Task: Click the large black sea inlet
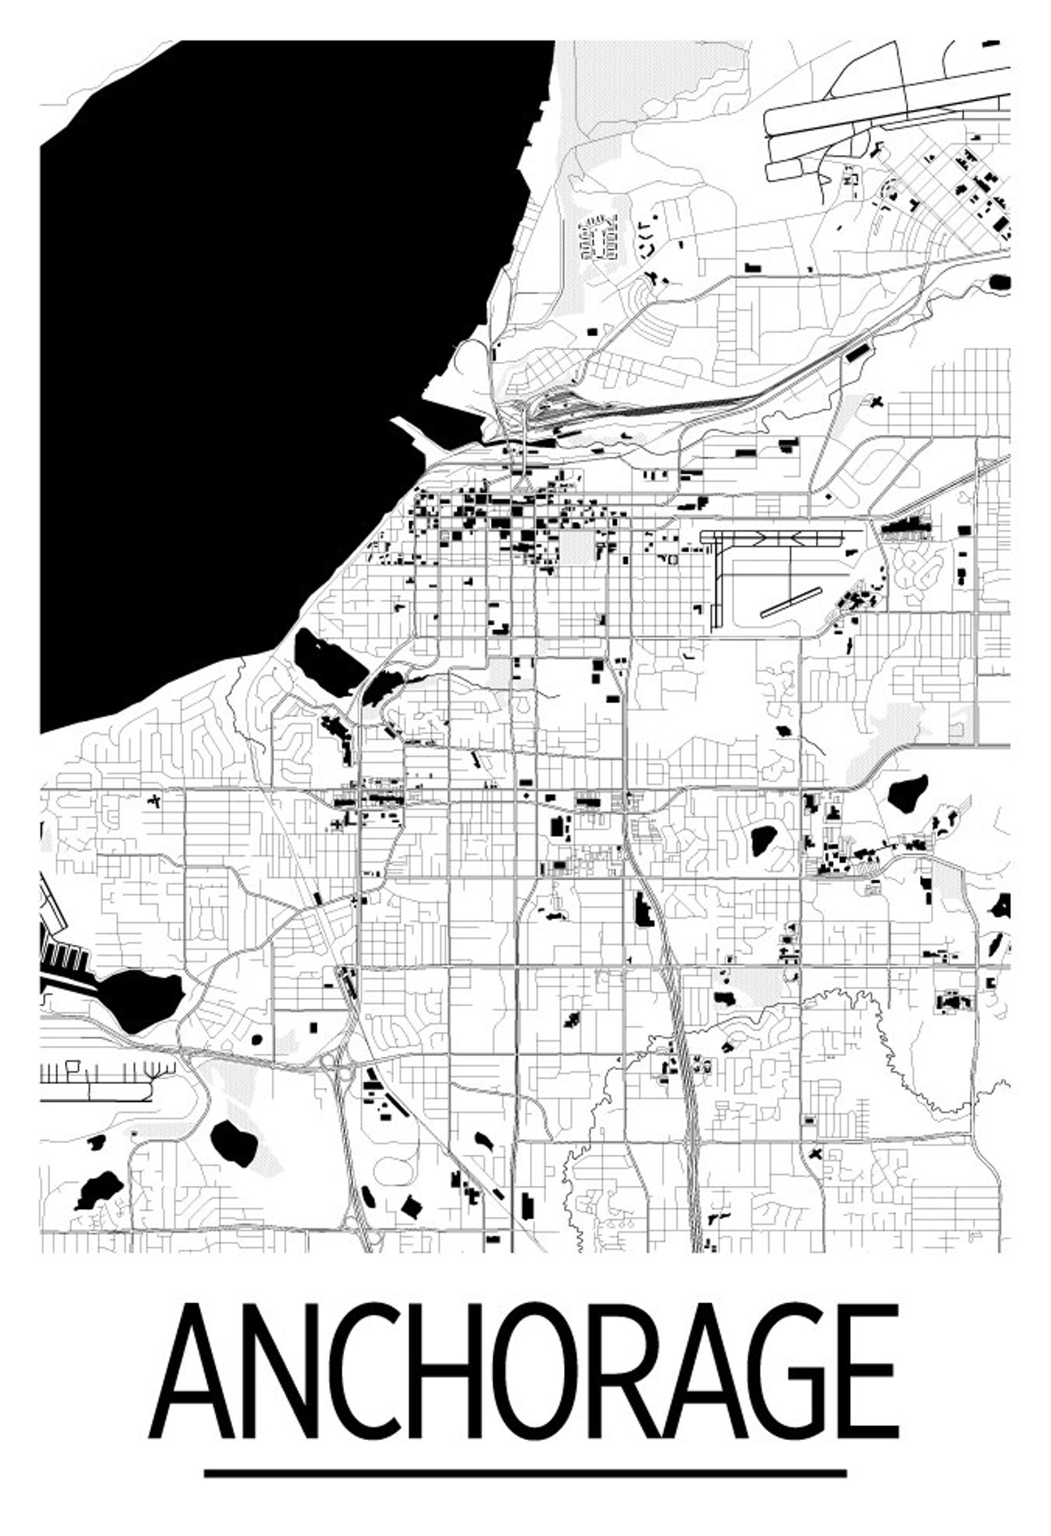(x=265, y=331)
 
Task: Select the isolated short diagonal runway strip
(x=790, y=602)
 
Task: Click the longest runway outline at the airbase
(x=887, y=99)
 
